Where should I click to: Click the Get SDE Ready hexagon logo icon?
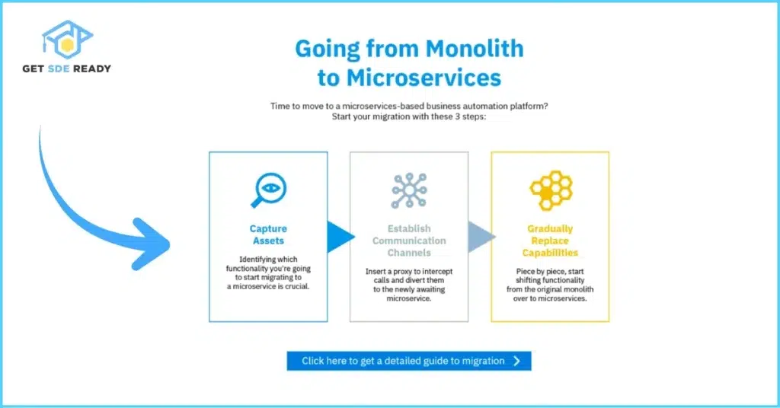pos(67,40)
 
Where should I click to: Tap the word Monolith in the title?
pos(475,49)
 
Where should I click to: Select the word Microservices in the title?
pos(424,78)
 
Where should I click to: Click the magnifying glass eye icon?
pos(269,190)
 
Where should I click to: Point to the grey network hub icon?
pos(409,190)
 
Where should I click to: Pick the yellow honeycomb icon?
pos(551,190)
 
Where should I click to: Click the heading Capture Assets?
pos(268,234)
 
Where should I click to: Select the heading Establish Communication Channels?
pos(409,241)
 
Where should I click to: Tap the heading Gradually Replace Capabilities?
pos(550,241)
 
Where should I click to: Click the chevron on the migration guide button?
pos(517,361)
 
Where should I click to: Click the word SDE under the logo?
pos(58,69)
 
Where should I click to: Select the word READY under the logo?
pos(92,69)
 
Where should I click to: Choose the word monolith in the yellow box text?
pos(580,289)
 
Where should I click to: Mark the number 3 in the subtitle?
pos(458,116)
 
